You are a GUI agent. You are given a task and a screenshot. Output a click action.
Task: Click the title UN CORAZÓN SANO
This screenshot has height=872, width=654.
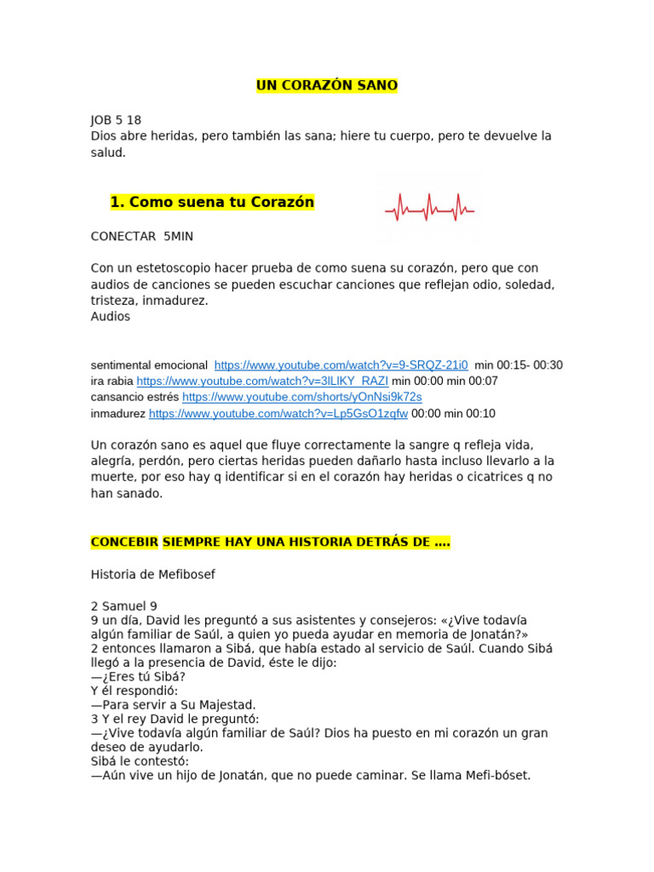(x=327, y=85)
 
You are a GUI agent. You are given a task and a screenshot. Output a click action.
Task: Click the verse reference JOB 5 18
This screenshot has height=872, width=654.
(x=116, y=120)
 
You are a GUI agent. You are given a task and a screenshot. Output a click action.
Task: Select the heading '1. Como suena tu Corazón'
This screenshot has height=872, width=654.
(x=212, y=203)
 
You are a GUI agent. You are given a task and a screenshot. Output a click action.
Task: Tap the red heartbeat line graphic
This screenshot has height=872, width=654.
(x=429, y=207)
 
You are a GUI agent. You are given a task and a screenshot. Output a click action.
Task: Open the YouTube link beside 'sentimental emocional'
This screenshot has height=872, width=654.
(x=341, y=365)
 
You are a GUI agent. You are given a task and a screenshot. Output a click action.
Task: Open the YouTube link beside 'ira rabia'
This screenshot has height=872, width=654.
(x=261, y=381)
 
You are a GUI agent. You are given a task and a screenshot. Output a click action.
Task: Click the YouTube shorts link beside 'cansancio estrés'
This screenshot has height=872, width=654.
(x=301, y=397)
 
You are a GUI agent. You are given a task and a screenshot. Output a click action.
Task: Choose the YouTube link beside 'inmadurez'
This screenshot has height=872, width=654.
(x=278, y=414)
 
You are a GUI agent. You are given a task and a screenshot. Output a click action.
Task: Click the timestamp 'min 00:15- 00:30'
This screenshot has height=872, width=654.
(x=519, y=365)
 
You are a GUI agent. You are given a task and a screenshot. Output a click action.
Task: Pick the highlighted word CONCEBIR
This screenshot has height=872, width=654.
(x=124, y=542)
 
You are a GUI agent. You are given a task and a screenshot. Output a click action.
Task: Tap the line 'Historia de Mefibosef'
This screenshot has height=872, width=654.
(x=153, y=575)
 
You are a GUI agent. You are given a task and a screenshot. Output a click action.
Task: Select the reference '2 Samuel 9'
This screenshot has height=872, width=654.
(x=124, y=606)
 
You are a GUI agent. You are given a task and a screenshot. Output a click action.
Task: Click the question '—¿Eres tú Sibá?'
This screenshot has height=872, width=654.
(x=138, y=677)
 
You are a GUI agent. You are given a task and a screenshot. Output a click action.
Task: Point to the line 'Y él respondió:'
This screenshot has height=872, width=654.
(x=133, y=691)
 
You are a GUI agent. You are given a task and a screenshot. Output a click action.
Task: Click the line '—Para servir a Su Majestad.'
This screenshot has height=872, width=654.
(x=173, y=705)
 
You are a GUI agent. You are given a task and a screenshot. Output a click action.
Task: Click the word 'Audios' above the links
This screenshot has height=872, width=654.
(x=111, y=317)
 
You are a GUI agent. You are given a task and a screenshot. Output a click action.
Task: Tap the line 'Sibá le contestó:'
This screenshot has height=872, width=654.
(x=140, y=761)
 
